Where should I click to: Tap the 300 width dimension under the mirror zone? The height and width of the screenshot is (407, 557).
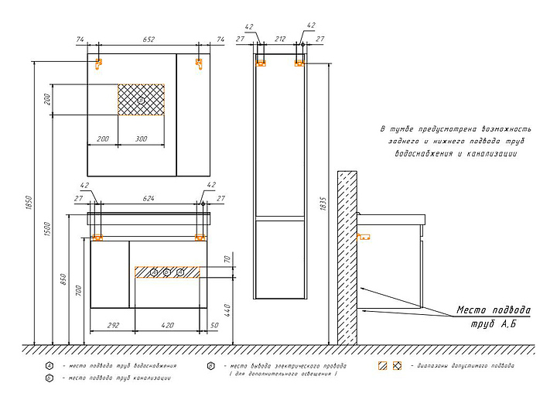[x=142, y=139]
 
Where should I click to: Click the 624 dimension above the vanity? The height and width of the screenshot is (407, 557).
[x=148, y=199]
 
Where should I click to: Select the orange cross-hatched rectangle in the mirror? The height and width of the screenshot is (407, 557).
[x=141, y=100]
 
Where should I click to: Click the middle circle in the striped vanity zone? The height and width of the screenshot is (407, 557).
[x=166, y=272]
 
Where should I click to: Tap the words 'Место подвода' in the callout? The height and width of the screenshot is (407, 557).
[x=493, y=310]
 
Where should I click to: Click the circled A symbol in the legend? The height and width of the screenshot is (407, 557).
[x=48, y=365]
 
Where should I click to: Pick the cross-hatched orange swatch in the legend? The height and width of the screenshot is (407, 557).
[x=398, y=365]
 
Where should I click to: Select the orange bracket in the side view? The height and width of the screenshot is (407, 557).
[x=364, y=237]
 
